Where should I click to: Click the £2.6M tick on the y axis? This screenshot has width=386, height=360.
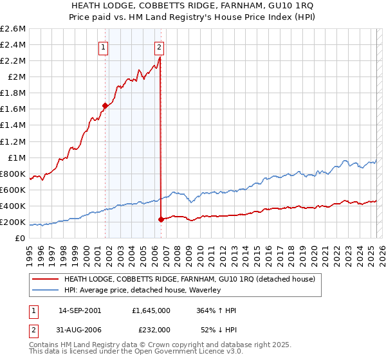pos(13,29)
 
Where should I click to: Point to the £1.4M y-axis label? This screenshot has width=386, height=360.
pos(13,125)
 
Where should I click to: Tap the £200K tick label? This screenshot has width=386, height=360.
pos(13,222)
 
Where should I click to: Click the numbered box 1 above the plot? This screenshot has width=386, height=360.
pos(104,46)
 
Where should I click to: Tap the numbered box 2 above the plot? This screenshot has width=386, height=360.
pos(159,46)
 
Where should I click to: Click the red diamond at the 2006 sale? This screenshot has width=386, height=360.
pos(160,219)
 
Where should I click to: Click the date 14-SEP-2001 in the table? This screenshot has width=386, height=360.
pos(79,310)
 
